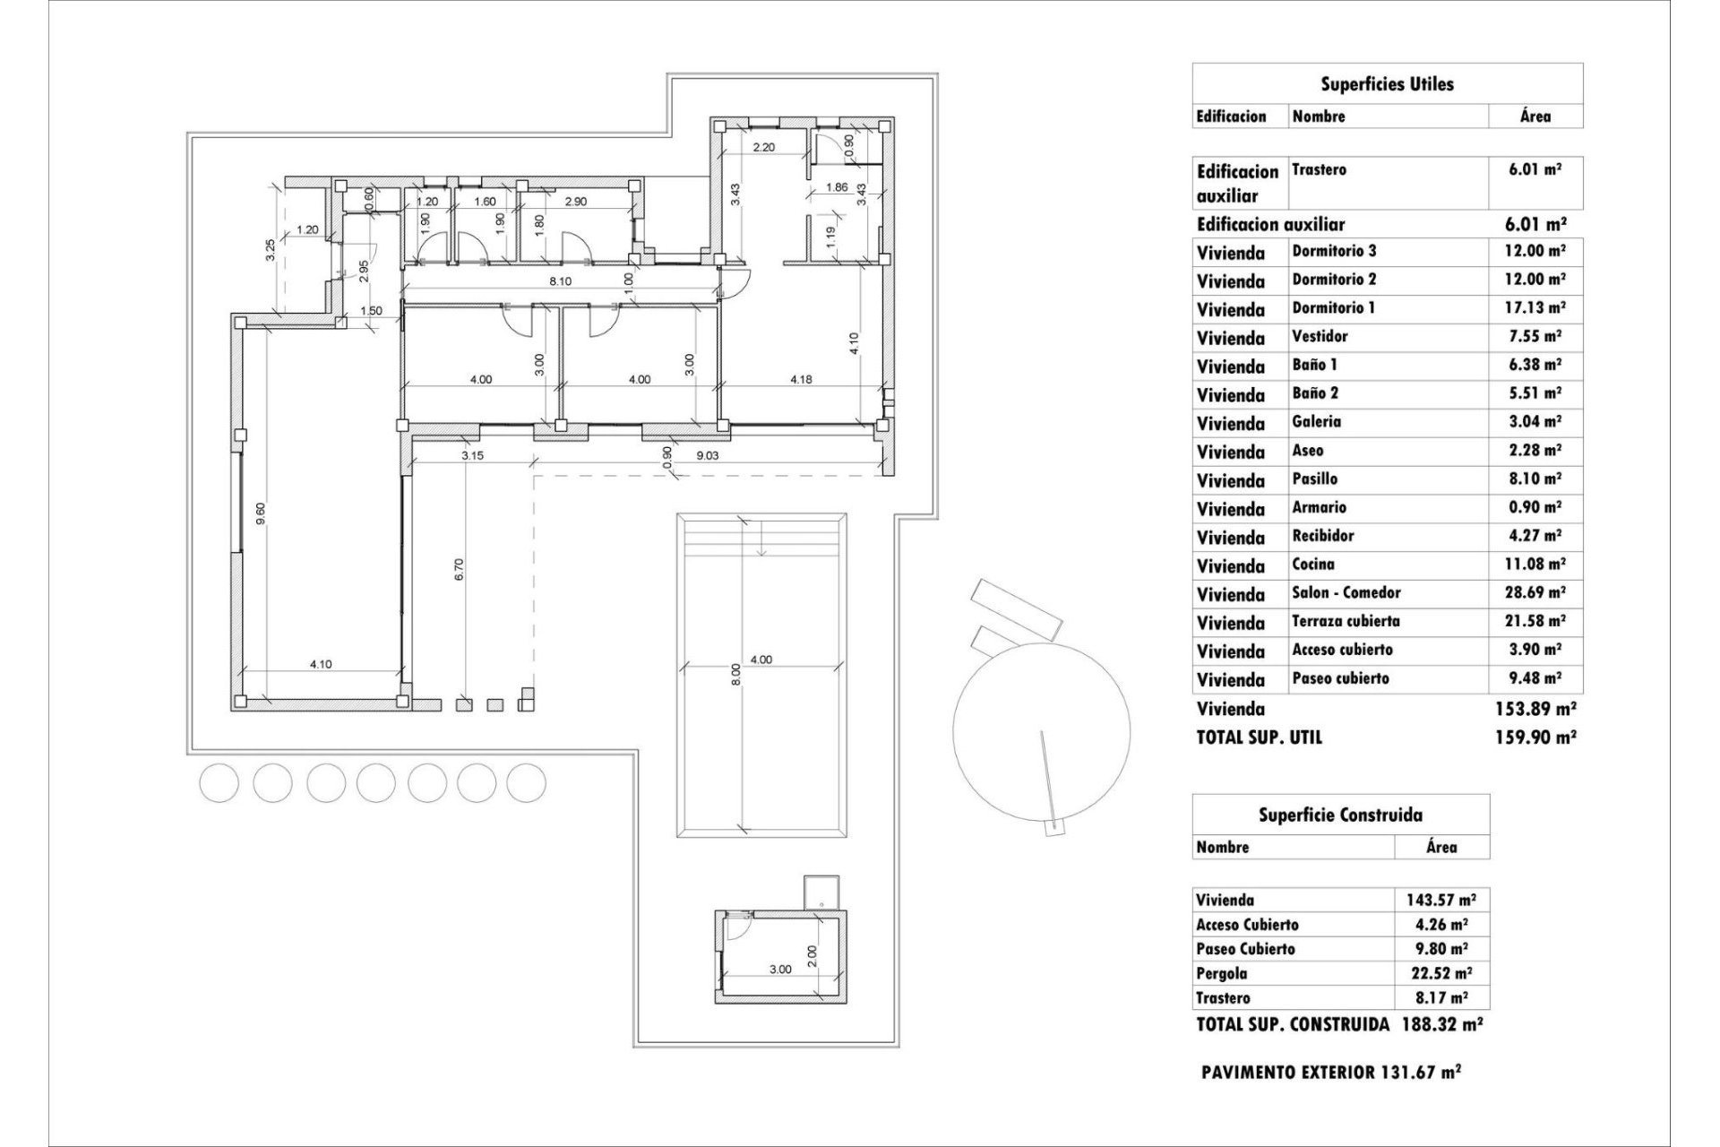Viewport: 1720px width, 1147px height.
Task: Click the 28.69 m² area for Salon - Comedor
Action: [x=1535, y=592]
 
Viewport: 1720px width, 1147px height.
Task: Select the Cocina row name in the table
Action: [x=1312, y=564]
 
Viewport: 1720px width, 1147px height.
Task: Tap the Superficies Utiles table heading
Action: [x=1387, y=84]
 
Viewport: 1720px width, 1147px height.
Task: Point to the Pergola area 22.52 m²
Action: [x=1440, y=973]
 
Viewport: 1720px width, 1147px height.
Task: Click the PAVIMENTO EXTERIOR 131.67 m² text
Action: [x=1331, y=1071]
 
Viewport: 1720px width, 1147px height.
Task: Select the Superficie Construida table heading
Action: [x=1340, y=815]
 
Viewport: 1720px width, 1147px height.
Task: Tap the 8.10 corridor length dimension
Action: [x=560, y=281]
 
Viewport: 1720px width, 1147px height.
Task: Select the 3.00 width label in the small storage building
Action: [x=780, y=969]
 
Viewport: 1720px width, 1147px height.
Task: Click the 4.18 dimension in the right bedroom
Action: [x=801, y=379]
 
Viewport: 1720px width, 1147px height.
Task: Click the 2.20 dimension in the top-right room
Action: [x=763, y=148]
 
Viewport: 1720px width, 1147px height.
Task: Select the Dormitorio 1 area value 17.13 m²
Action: [x=1535, y=307]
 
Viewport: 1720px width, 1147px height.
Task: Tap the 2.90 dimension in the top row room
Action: [x=575, y=202]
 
